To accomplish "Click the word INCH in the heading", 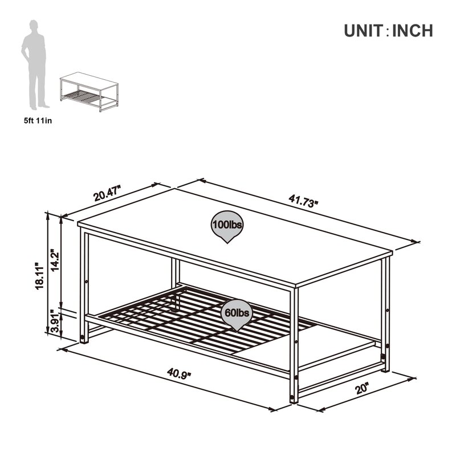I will click(x=412, y=31).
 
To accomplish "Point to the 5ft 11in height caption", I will click(x=36, y=120).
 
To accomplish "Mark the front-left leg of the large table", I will click(x=84, y=285).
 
